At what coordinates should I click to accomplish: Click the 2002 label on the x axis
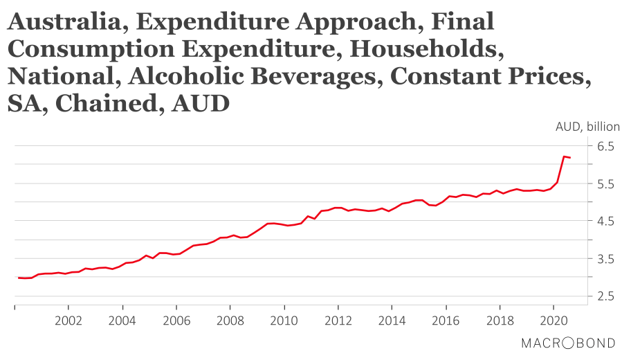[68, 321]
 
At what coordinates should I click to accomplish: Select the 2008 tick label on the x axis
[230, 321]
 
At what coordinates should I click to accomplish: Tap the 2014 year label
[392, 321]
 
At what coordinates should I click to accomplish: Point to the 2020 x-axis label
[554, 321]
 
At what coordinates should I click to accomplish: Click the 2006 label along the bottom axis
[176, 321]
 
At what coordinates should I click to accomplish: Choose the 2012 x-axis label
[338, 321]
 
